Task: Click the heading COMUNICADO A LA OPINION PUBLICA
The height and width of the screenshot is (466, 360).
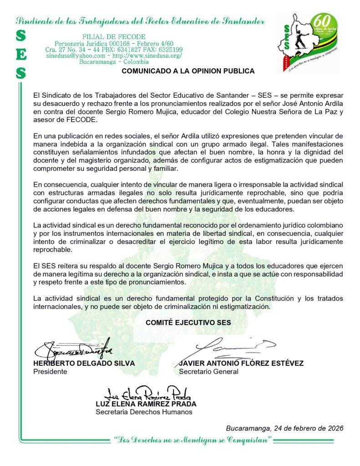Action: coord(188,71)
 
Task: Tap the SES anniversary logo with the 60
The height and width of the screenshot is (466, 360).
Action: coord(309,42)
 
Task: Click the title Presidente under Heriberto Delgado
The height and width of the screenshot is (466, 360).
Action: coord(50,371)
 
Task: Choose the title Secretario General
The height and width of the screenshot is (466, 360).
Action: coord(208,371)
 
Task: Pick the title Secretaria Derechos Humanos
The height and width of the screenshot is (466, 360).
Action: coord(144,412)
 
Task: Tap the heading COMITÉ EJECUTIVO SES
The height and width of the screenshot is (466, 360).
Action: coord(188,322)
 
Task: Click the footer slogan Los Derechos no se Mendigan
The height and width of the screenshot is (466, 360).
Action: coord(193,440)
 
